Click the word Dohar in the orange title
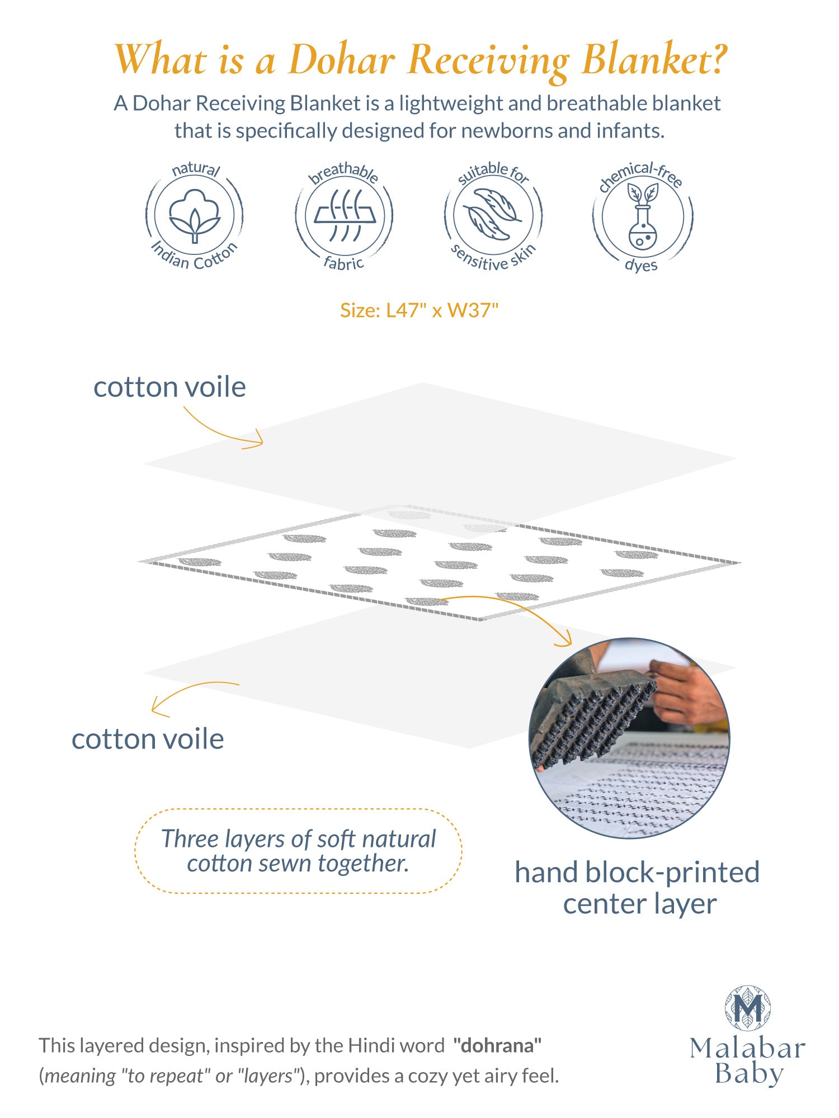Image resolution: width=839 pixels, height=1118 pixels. (x=342, y=59)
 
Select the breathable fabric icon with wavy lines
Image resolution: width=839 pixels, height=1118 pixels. (x=345, y=215)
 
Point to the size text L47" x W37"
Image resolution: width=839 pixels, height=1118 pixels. (x=419, y=310)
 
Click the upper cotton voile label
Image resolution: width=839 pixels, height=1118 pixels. (x=169, y=387)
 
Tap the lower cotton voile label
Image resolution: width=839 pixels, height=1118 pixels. (x=148, y=739)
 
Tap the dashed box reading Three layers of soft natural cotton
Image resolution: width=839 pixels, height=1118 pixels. (x=298, y=851)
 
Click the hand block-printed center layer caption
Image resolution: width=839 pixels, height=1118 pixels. (x=638, y=888)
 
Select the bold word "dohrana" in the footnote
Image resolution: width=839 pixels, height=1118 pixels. (x=498, y=1045)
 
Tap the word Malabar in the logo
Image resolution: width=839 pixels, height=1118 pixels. (x=748, y=1049)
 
